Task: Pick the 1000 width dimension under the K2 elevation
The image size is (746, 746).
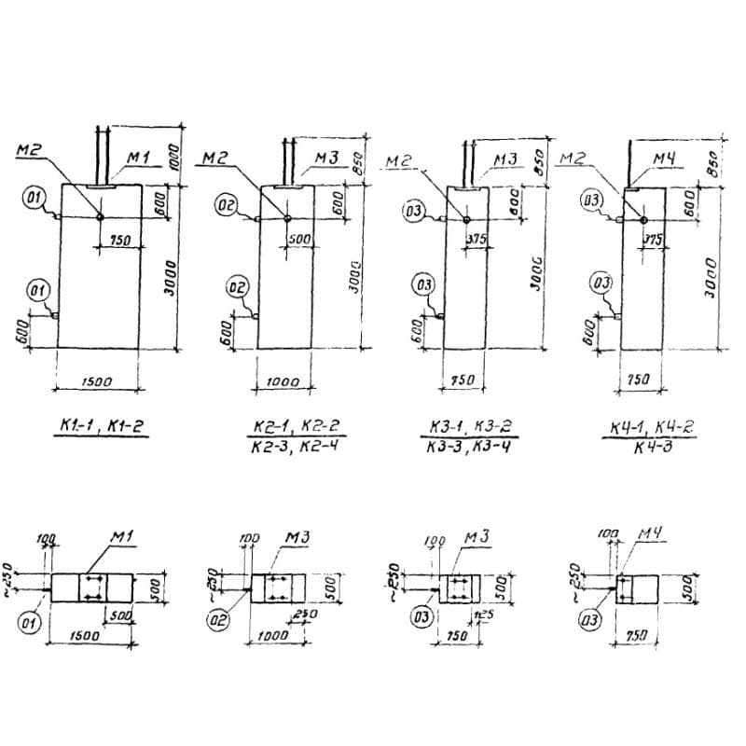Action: click(283, 380)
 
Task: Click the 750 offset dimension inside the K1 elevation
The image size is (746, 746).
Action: click(120, 241)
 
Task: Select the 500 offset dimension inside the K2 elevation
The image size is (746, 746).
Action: click(298, 239)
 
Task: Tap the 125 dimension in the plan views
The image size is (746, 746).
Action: click(483, 616)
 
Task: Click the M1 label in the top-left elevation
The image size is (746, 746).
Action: click(138, 158)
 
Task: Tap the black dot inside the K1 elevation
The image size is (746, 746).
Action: click(101, 217)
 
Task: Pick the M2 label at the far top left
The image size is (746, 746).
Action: click(29, 149)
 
